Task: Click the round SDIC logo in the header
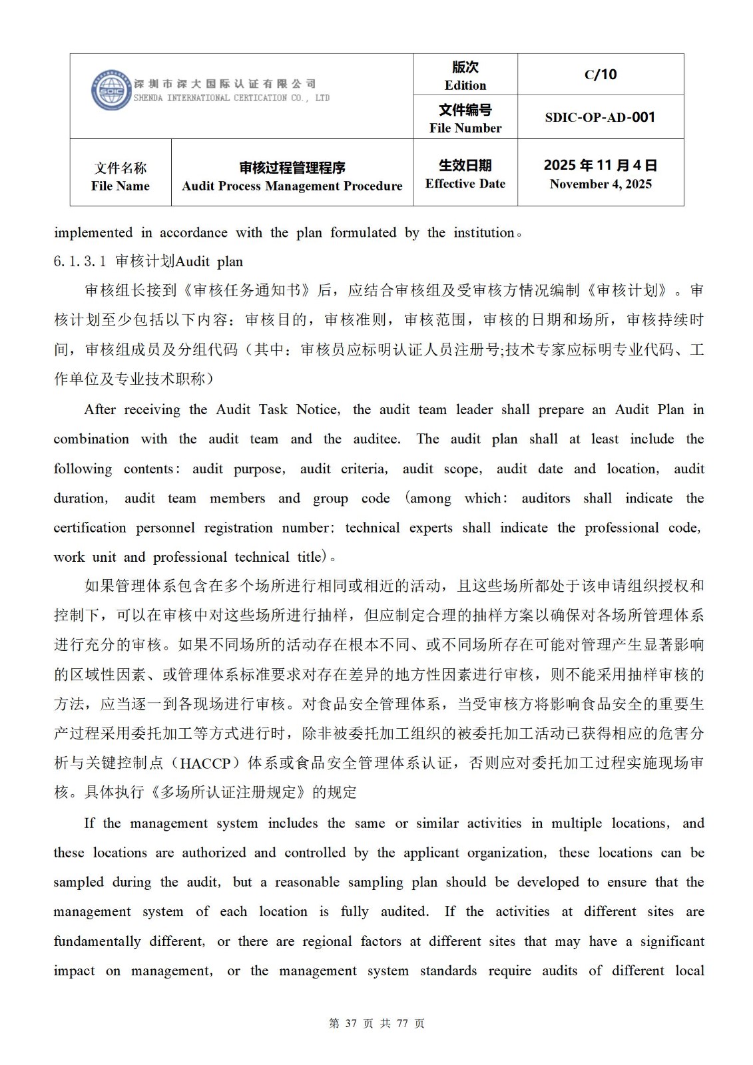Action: [111, 91]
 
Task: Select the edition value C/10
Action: [601, 75]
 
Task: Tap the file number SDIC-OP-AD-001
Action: [600, 117]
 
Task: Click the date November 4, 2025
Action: [601, 184]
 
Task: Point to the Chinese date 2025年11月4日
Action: [601, 165]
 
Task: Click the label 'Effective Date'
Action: [465, 184]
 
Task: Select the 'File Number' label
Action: [465, 128]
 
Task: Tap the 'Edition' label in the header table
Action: [465, 85]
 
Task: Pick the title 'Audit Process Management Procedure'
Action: [292, 186]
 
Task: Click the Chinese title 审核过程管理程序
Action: [292, 168]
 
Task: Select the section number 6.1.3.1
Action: [80, 262]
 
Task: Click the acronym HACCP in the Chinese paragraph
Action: [205, 763]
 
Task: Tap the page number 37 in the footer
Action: [352, 1023]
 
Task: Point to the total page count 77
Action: [401, 1023]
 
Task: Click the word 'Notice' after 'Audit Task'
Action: [318, 409]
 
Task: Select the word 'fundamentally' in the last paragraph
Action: [97, 941]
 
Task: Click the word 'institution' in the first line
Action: [484, 232]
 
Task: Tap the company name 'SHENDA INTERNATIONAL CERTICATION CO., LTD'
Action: [231, 98]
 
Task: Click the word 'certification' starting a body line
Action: [90, 528]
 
